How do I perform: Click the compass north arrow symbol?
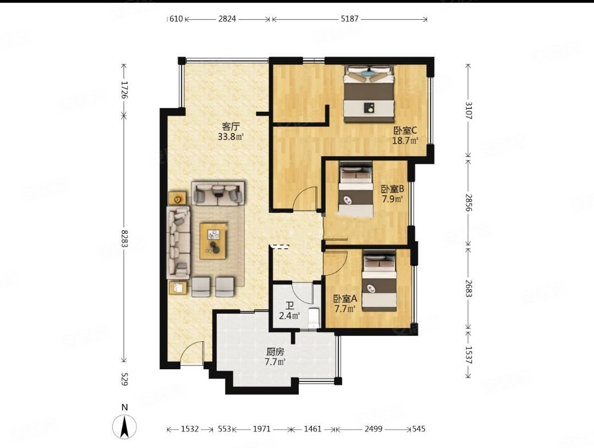(124, 427)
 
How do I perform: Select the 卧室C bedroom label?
(405, 131)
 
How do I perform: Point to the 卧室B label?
(393, 189)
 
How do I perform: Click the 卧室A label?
(345, 299)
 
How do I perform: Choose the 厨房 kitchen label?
(275, 352)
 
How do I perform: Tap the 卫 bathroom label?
(290, 306)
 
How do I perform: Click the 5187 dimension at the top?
(349, 19)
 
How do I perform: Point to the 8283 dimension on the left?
(124, 238)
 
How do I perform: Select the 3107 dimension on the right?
(469, 111)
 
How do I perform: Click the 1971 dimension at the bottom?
(262, 429)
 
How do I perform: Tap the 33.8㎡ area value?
(230, 137)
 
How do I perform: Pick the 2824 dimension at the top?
(227, 19)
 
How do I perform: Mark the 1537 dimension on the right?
(469, 356)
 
